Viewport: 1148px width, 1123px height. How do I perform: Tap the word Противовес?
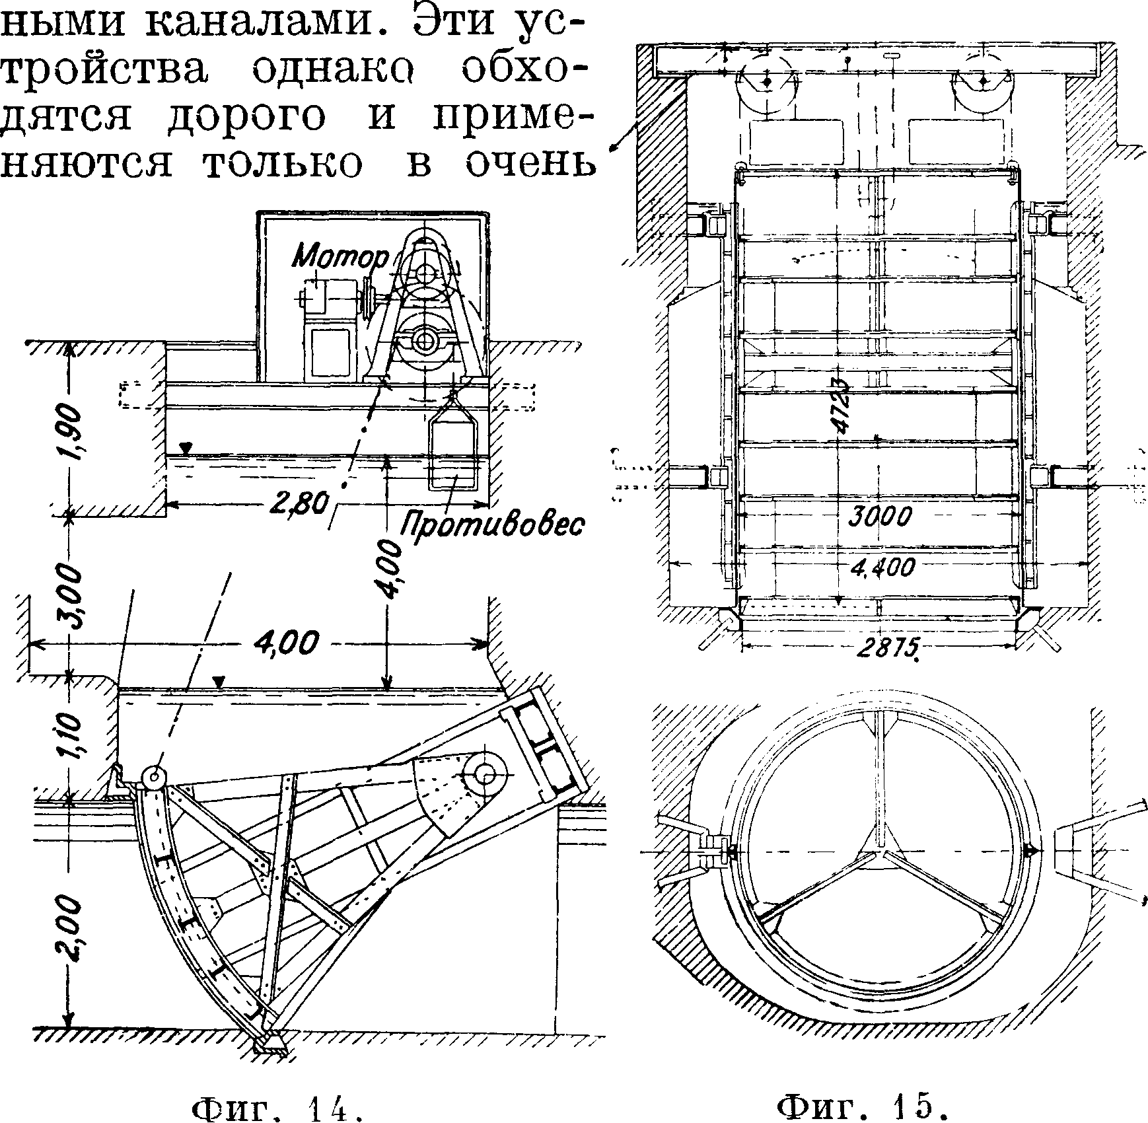pos(492,525)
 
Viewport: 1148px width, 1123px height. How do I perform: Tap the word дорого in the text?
pos(244,118)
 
